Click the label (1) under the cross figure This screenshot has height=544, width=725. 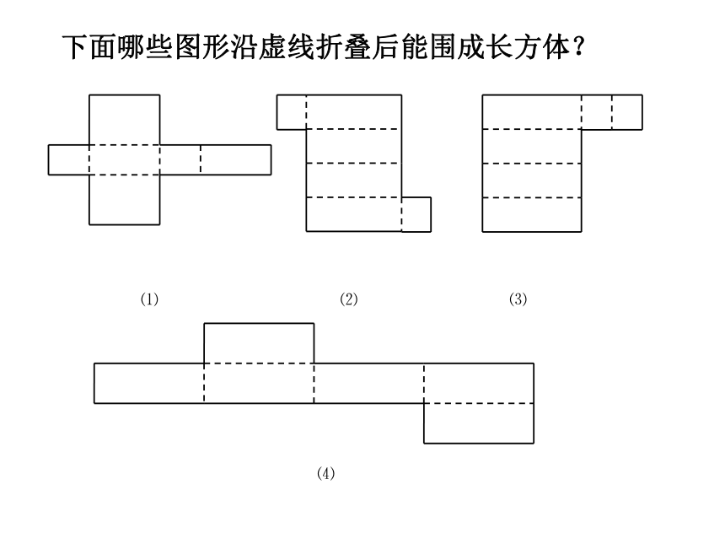(x=149, y=299)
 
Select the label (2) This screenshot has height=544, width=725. (x=349, y=299)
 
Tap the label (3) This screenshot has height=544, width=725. (x=518, y=299)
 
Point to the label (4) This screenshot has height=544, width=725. (x=326, y=473)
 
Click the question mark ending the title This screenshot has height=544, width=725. (x=578, y=46)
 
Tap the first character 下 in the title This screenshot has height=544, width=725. (x=75, y=46)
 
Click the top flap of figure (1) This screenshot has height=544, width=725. (x=125, y=120)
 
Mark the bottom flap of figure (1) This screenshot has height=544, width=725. (x=125, y=200)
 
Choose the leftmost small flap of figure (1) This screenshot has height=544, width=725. (x=69, y=160)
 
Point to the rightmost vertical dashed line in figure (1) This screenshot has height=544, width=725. (x=201, y=160)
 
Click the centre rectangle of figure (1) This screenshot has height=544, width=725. (x=125, y=160)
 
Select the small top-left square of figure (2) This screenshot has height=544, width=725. (x=292, y=112)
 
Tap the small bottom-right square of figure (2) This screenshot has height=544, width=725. (x=416, y=214)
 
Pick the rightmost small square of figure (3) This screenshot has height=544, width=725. (x=627, y=112)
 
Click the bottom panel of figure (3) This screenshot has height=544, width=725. (x=532, y=214)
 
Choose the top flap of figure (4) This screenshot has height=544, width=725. (x=259, y=343)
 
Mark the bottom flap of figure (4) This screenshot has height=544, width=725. (x=479, y=423)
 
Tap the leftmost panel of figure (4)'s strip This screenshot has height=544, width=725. (x=149, y=384)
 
